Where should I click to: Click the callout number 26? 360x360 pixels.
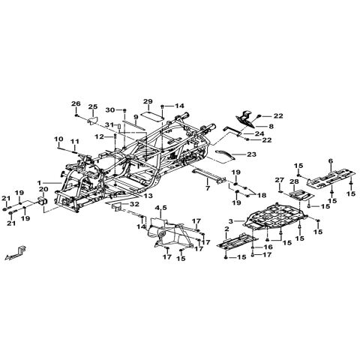pyautogui.click(x=76, y=103)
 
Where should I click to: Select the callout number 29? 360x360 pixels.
pyautogui.click(x=148, y=101)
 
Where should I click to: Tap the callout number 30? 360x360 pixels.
pyautogui.click(x=110, y=110)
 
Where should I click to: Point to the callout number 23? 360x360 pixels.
pyautogui.click(x=251, y=154)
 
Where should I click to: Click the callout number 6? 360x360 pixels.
pyautogui.click(x=331, y=161)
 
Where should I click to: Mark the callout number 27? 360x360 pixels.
pyautogui.click(x=280, y=180)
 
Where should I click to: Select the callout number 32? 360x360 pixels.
pyautogui.click(x=134, y=204)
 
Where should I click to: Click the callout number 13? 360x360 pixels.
pyautogui.click(x=148, y=196)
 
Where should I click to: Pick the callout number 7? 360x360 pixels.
pyautogui.click(x=208, y=188)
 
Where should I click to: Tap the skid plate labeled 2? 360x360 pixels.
pyautogui.click(x=237, y=241)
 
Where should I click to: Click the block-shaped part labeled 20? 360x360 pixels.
pyautogui.click(x=43, y=201)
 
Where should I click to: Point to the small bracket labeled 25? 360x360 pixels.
pyautogui.click(x=92, y=121)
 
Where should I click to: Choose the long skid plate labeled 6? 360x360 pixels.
pyautogui.click(x=331, y=178)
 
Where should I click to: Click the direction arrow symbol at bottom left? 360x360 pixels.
pyautogui.click(x=16, y=253)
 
